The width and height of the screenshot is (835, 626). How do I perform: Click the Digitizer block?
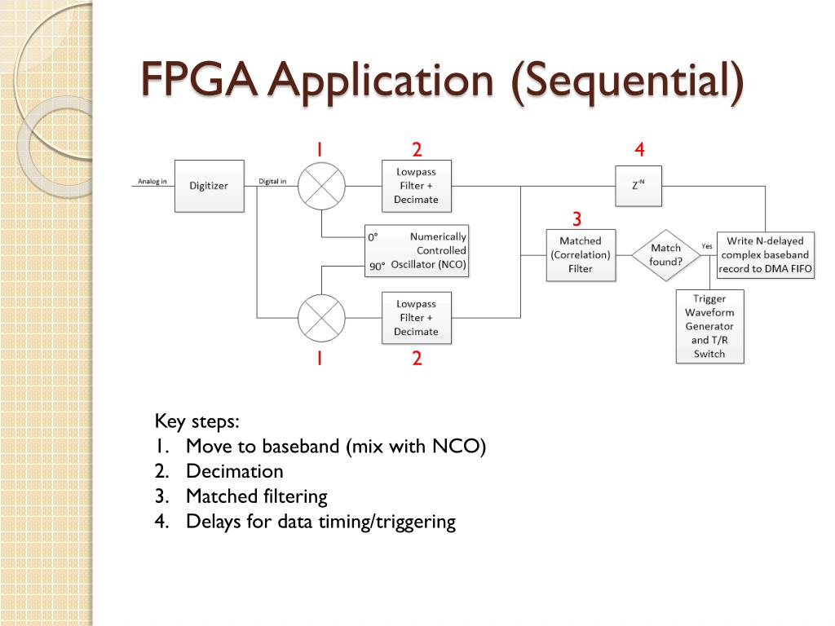tap(210, 186)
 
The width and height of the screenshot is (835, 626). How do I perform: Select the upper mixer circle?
tap(321, 186)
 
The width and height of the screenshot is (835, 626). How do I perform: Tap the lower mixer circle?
tap(321, 317)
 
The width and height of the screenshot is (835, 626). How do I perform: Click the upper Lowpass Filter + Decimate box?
tap(416, 186)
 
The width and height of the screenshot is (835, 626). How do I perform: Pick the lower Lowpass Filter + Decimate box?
tap(416, 318)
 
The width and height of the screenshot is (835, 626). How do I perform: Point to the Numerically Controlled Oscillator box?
tap(417, 250)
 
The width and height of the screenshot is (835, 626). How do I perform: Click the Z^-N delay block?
tap(638, 186)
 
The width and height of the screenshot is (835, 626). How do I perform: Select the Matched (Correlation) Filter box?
tap(581, 255)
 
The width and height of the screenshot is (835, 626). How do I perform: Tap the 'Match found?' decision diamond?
tap(665, 255)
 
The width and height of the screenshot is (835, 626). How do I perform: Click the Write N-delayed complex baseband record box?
tap(765, 255)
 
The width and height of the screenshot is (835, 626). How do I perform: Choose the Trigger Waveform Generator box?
tap(709, 326)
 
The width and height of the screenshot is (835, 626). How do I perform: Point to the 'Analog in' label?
tap(152, 181)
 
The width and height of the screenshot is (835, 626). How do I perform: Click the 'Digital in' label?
tap(272, 181)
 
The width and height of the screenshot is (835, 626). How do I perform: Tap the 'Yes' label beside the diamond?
tap(707, 245)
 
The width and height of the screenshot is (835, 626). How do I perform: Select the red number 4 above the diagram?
tap(639, 149)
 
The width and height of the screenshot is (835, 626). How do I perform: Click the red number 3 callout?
tap(577, 219)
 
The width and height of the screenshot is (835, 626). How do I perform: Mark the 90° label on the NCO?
tap(377, 266)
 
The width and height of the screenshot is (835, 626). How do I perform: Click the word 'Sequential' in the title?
tap(628, 82)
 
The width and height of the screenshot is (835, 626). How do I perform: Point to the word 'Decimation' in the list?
tap(235, 471)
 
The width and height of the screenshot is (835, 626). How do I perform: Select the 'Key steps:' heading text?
tap(197, 421)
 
